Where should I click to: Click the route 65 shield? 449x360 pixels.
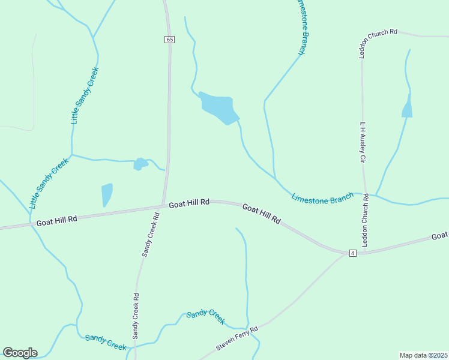coord(170,39)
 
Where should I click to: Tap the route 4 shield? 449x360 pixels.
coord(352,253)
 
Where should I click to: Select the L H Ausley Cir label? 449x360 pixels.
coord(363,143)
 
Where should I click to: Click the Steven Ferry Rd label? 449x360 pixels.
coord(237,339)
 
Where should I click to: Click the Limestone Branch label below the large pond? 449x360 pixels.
coord(322,198)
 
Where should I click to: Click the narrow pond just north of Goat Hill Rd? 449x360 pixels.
coord(107,194)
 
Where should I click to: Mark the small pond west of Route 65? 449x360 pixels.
coord(140,163)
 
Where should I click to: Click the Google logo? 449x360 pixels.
coord(20,352)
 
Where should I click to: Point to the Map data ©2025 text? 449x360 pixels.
coord(423,355)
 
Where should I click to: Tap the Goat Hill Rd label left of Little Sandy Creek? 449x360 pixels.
coord(57,220)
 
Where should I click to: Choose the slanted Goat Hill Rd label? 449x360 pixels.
coord(262,214)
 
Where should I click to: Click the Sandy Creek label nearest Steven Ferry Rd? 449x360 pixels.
coord(206,316)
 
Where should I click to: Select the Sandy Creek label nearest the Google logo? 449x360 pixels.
coord(106,342)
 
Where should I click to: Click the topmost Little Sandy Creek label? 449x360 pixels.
coord(85,95)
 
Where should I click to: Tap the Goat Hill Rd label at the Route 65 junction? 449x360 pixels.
coord(188,203)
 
